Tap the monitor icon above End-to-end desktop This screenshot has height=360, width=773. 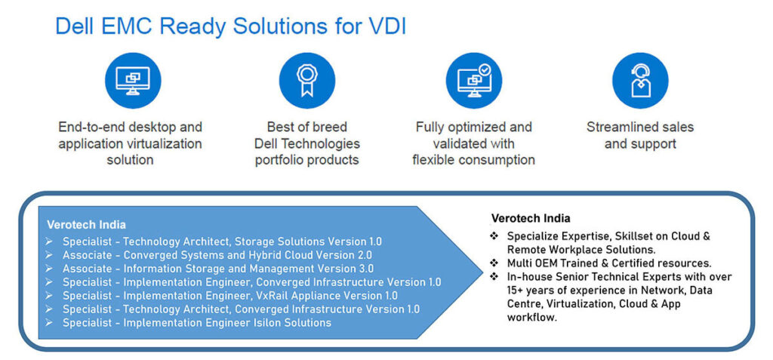tap(133, 81)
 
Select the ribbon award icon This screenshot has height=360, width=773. tap(307, 81)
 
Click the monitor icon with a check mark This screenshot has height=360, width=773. tap(474, 81)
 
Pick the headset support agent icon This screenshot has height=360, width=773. tap(640, 81)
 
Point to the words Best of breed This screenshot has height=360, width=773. tap(307, 128)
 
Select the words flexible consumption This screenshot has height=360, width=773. tap(474, 160)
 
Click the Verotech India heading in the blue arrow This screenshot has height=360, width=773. tap(86, 225)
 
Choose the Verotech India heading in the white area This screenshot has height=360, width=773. tap(531, 218)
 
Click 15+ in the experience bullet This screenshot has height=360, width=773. tap(516, 291)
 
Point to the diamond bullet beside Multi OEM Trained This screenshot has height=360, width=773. tap(494, 263)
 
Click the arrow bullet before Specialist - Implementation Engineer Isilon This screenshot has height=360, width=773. tap(49, 323)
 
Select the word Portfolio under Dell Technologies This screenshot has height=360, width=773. tap(278, 160)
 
